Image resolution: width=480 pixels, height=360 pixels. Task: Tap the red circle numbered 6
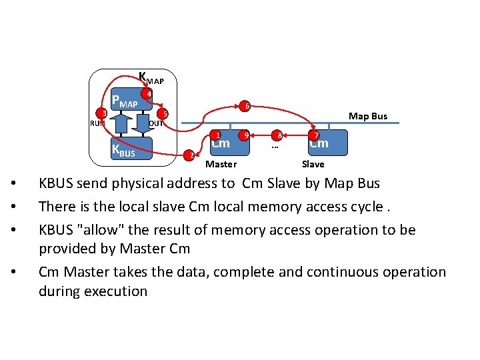pyautogui.click(x=246, y=106)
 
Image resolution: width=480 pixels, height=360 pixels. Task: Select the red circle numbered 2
pyautogui.click(x=189, y=155)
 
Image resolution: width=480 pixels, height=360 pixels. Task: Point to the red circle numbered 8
pyautogui.click(x=279, y=135)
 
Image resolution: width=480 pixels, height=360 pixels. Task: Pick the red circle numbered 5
pyautogui.click(x=165, y=114)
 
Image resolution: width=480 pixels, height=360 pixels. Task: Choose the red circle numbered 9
pyautogui.click(x=246, y=135)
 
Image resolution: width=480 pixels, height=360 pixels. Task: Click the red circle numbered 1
pyautogui.click(x=217, y=134)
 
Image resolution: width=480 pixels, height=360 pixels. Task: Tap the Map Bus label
pyautogui.click(x=368, y=117)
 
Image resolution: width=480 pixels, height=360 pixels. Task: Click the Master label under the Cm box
pyautogui.click(x=221, y=164)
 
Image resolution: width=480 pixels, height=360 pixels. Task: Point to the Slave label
pyautogui.click(x=313, y=164)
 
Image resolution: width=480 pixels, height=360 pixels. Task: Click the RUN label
pyautogui.click(x=97, y=123)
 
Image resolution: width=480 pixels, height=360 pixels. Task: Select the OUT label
pyautogui.click(x=156, y=123)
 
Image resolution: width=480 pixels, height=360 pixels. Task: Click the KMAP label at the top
pyautogui.click(x=150, y=79)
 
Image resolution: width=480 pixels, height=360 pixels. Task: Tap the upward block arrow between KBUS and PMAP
pyautogui.click(x=120, y=124)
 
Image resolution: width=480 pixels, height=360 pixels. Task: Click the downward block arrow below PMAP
pyautogui.click(x=142, y=124)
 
